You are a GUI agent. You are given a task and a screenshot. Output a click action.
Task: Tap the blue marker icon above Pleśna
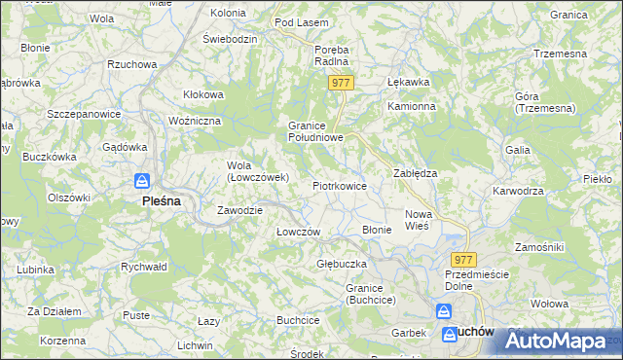click(142, 182)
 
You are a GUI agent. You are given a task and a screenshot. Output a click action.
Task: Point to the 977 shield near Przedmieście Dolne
click(463, 259)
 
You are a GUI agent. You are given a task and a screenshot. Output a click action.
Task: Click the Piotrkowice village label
click(339, 185)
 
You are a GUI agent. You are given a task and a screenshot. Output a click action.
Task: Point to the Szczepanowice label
click(84, 113)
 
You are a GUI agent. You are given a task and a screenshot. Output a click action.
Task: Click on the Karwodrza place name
click(518, 191)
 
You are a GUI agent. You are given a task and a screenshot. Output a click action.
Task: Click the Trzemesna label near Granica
click(562, 53)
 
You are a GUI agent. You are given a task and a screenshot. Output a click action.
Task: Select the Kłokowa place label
click(204, 94)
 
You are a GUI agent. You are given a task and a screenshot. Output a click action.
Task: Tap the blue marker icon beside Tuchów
click(442, 312)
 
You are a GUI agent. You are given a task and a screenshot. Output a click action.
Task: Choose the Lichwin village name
click(195, 345)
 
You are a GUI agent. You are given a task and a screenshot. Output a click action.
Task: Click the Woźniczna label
click(196, 120)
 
